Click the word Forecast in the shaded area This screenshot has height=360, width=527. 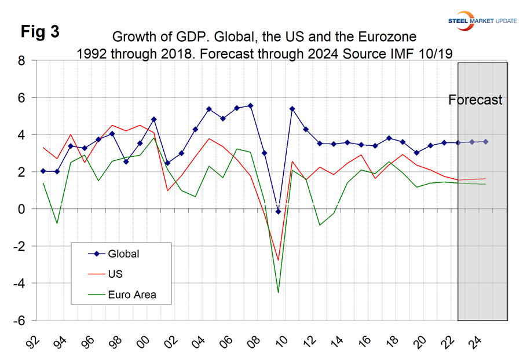point(475,100)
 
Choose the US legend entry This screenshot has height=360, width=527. point(115,274)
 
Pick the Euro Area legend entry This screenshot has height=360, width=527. point(131,295)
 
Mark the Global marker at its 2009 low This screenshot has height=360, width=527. point(279,212)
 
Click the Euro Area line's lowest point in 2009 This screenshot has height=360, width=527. point(279,292)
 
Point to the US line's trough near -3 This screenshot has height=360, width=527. point(279,260)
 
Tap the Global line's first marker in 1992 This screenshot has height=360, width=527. point(43,171)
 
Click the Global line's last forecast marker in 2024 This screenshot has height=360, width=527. point(485,142)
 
